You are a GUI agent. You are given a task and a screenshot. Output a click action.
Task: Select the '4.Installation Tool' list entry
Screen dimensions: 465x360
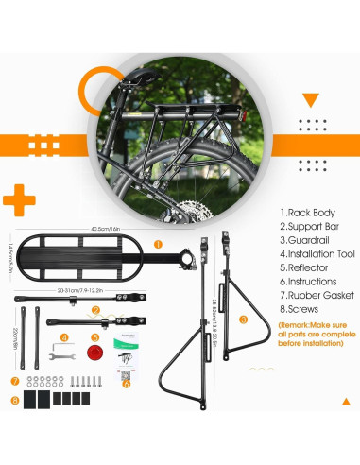317,254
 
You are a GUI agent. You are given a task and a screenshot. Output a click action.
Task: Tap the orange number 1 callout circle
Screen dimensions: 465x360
158,244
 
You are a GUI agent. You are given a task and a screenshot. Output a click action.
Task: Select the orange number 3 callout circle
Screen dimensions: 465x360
243,320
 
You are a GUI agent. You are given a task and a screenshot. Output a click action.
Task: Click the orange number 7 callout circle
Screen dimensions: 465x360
15,381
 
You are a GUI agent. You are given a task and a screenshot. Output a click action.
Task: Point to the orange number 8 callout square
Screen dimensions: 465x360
15,401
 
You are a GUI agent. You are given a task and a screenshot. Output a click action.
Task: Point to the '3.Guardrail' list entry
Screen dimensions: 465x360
305,240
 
